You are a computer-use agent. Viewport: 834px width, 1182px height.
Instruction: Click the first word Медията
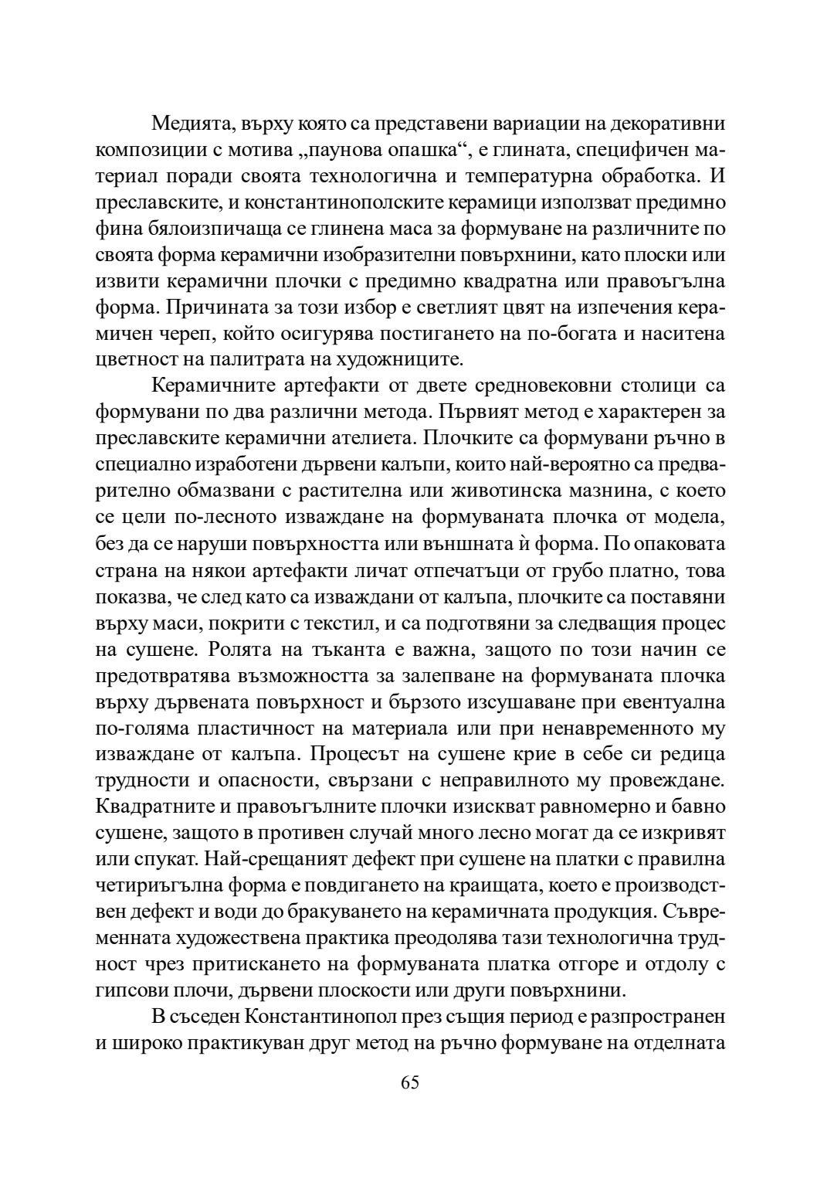pyautogui.click(x=193, y=123)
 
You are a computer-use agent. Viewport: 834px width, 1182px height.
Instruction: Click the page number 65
pyautogui.click(x=410, y=1082)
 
